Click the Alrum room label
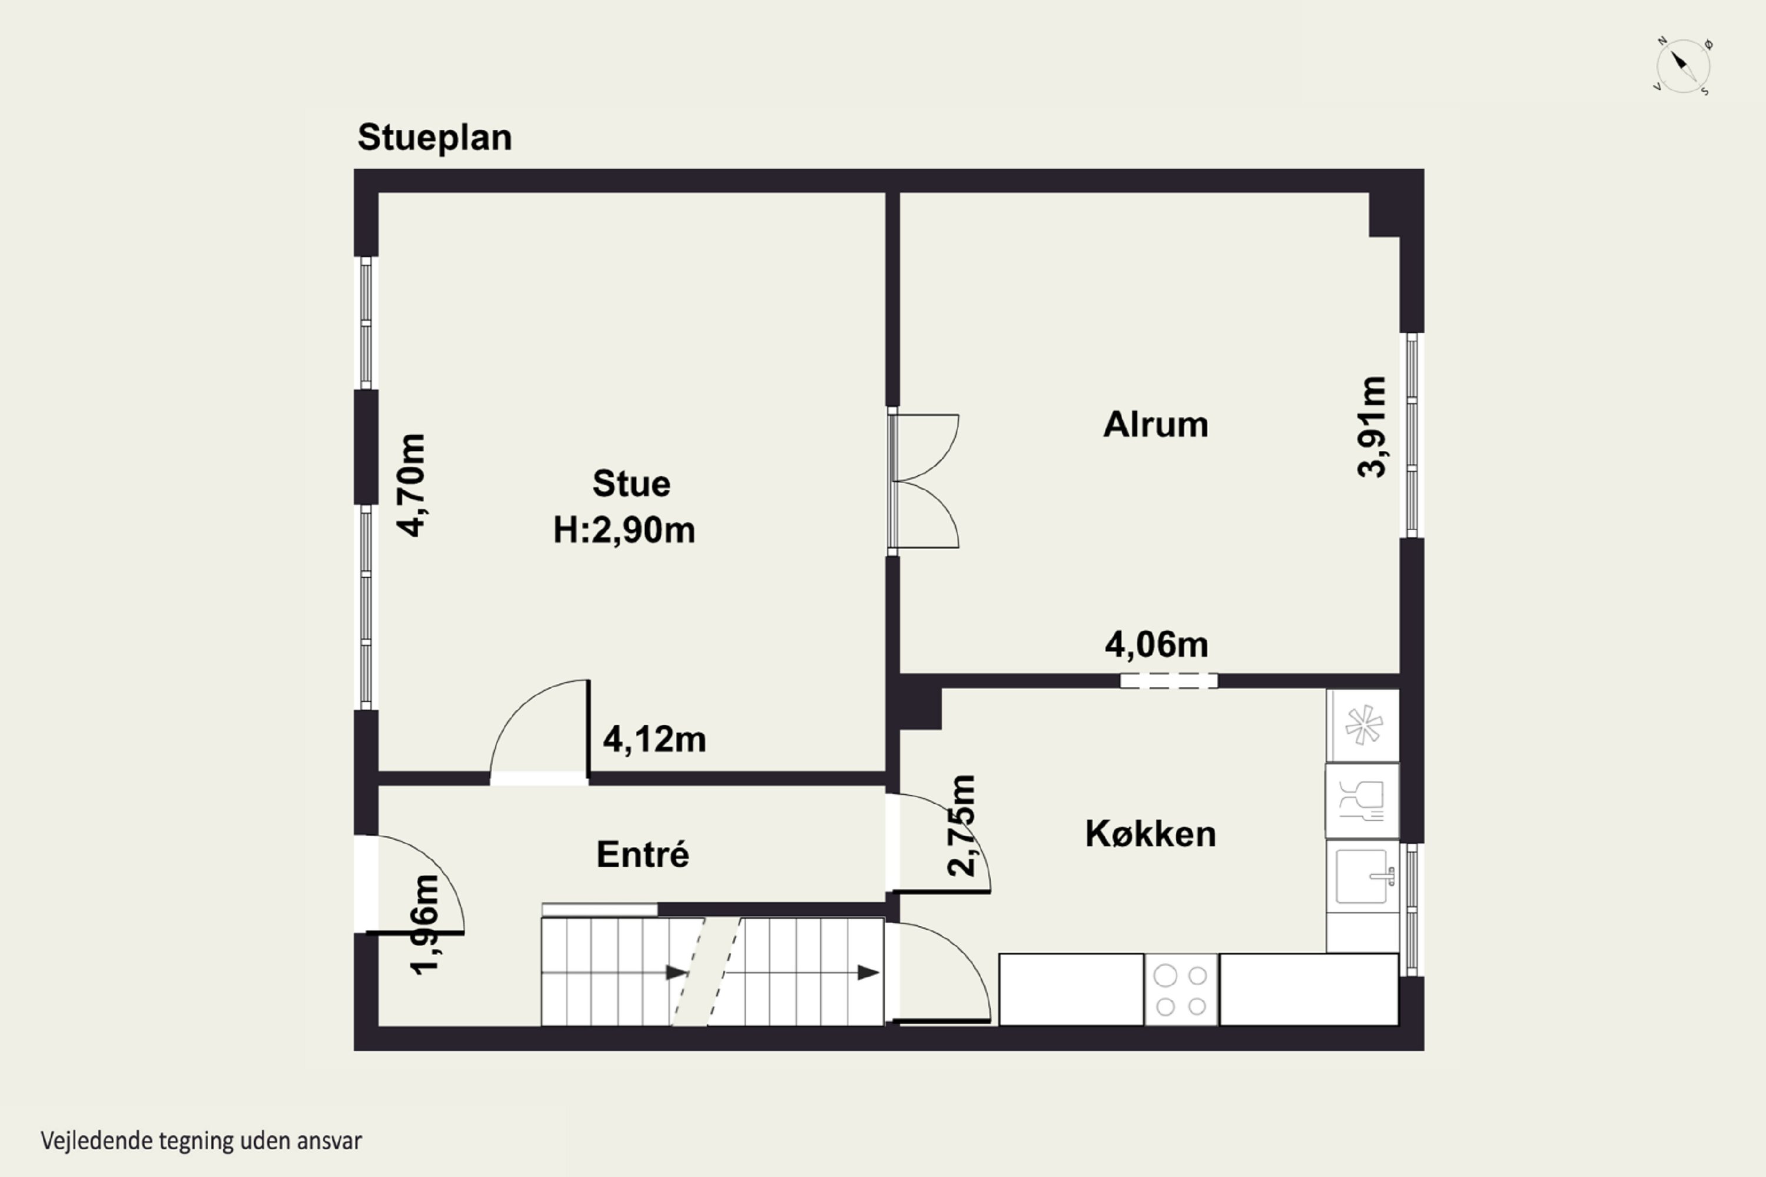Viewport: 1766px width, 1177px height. [x=1156, y=425]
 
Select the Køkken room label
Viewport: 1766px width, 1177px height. [x=1150, y=834]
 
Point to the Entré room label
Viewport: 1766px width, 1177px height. [x=643, y=855]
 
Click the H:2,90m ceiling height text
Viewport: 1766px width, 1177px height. [x=624, y=531]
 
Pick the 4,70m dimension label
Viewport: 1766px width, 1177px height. [x=411, y=485]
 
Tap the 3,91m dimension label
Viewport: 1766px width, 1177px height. [x=1372, y=426]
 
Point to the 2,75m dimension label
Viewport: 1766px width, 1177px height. [x=962, y=826]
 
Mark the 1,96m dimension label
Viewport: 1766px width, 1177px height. [x=424, y=925]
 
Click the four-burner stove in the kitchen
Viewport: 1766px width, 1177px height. [x=1181, y=990]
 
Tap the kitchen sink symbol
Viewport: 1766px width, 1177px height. [x=1363, y=877]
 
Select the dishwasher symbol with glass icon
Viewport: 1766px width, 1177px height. [x=1362, y=801]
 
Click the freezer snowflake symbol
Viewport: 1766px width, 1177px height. [x=1363, y=726]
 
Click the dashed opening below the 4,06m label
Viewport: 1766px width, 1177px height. [x=1169, y=681]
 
